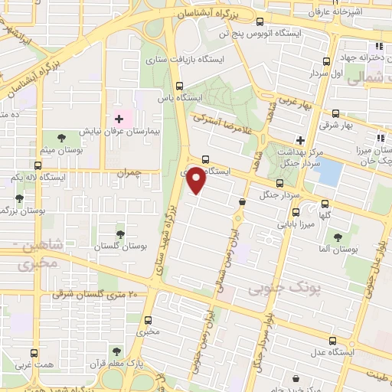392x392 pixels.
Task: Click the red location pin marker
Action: [x=197, y=179]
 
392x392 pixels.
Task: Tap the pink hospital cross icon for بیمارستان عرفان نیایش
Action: [x=119, y=119]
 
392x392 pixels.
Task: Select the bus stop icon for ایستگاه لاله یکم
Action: [x=38, y=165]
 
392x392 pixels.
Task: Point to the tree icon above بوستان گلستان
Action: [x=119, y=234]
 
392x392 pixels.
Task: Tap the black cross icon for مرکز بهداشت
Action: [x=301, y=140]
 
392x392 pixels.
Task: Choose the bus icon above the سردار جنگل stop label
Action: [x=279, y=183]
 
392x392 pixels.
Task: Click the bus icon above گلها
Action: [x=325, y=204]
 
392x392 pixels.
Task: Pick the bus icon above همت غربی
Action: [x=33, y=353]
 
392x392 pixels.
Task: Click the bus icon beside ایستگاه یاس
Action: [x=180, y=86]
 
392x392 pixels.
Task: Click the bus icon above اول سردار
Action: [x=327, y=61]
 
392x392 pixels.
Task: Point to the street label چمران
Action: [x=130, y=174]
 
